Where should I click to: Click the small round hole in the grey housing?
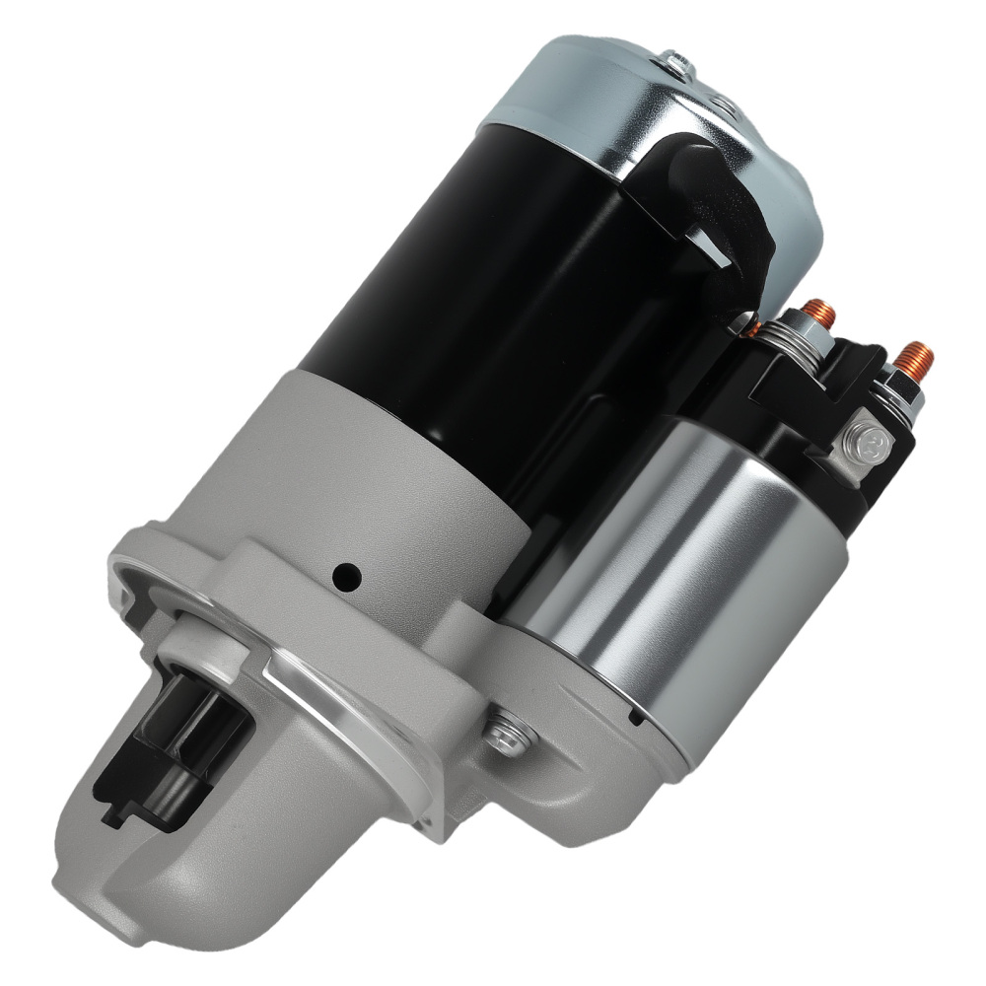pos(347,576)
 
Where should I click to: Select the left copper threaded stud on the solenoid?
pos(818,314)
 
